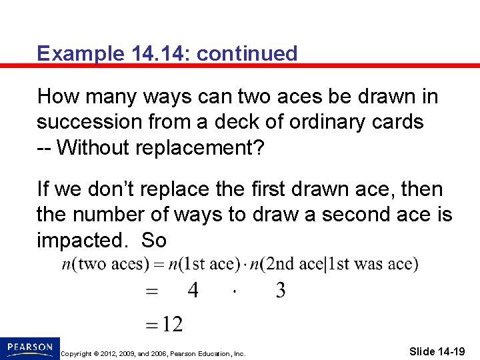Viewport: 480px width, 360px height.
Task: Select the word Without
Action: [x=95, y=148]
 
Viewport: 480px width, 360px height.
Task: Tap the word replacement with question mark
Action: [x=204, y=148]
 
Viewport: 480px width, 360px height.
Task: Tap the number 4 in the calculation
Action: [x=193, y=291]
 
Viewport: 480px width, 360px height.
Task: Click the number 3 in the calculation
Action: [x=281, y=291]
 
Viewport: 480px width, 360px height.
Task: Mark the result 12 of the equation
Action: [x=172, y=325]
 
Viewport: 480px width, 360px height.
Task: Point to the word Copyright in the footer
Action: [x=75, y=353]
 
